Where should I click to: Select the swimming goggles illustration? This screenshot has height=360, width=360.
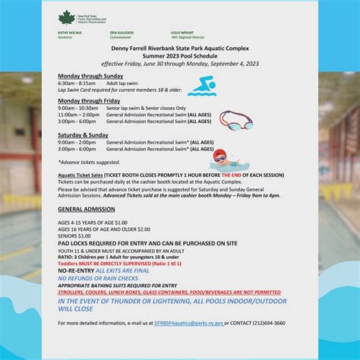(x=235, y=120)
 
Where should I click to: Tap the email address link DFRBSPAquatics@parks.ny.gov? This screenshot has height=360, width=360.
(x=188, y=323)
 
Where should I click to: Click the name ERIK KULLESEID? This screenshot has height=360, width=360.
(x=122, y=33)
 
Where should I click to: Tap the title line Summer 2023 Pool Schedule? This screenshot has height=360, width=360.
(x=179, y=57)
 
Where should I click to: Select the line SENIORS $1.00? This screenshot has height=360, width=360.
(x=73, y=235)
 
